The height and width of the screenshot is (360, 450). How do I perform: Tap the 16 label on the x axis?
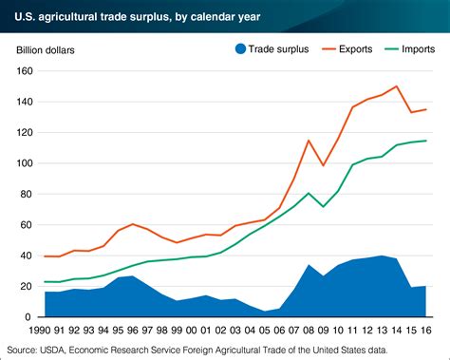coord(426,330)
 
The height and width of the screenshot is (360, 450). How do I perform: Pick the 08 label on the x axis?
coord(309,330)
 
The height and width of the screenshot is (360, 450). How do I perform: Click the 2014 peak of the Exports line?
coord(397,86)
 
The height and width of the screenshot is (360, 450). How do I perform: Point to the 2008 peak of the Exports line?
coord(309,141)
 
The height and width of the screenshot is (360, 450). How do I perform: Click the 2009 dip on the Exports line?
coord(324,165)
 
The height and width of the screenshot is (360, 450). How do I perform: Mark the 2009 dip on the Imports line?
coord(324,206)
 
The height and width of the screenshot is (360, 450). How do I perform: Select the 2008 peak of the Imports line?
coord(309,193)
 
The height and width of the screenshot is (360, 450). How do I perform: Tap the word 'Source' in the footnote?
coord(21,349)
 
